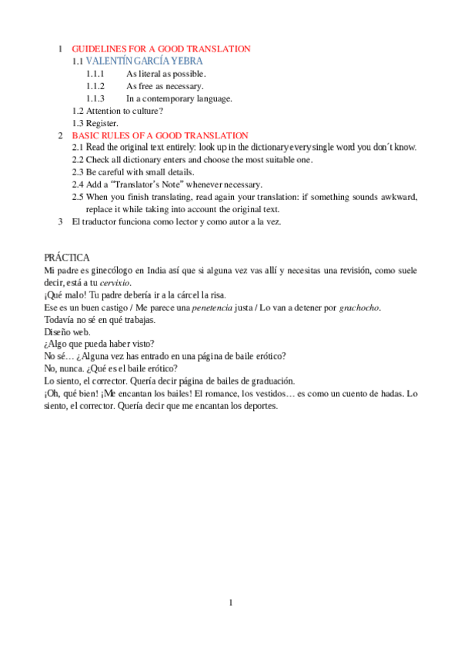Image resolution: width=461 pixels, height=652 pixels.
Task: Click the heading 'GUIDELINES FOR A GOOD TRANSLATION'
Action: pos(161,48)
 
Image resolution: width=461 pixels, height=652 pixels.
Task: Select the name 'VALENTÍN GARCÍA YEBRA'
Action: pos(145,60)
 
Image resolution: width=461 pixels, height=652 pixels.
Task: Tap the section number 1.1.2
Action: pos(95,86)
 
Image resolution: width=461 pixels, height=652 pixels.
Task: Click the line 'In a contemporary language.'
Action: pos(179,98)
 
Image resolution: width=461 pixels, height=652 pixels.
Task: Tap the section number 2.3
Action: pos(78,172)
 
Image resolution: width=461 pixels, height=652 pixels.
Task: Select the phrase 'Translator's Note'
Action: pos(149,185)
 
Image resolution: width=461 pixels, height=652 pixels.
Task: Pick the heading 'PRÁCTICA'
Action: pos(67,258)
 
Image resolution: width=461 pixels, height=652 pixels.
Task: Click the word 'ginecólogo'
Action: pos(103,271)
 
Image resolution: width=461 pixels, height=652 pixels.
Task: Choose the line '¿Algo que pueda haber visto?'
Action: pos(100,344)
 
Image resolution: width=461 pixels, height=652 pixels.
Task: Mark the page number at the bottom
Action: pos(230,603)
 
